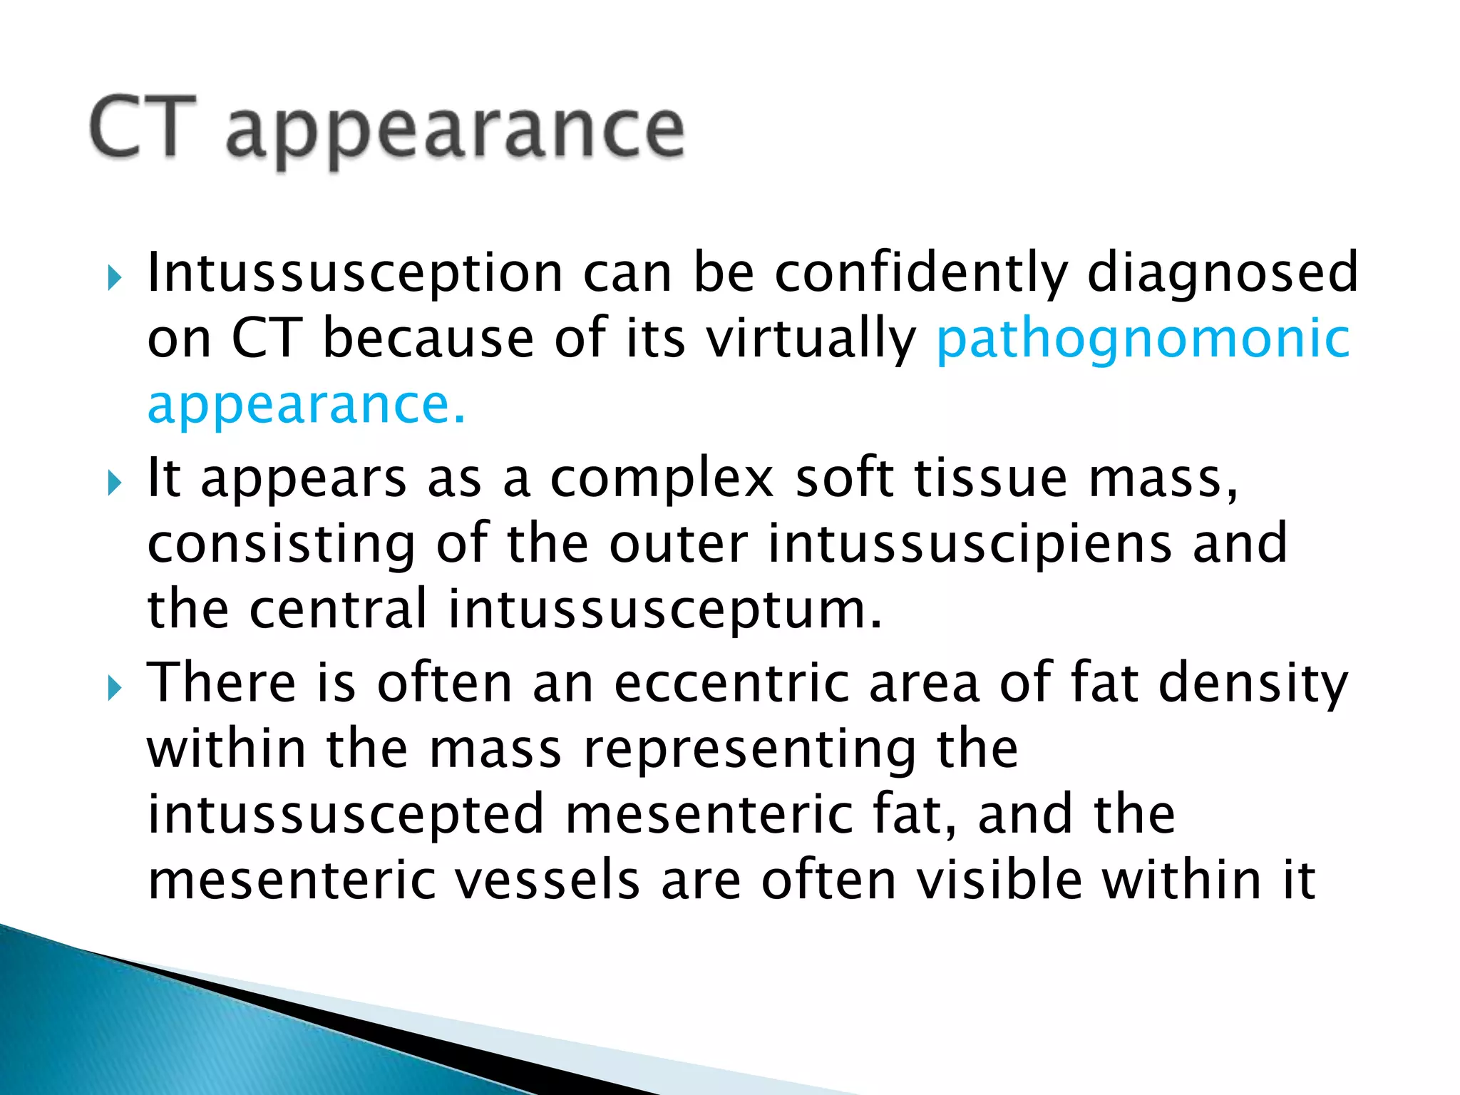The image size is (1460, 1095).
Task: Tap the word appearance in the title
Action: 455,132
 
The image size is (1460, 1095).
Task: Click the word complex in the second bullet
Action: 662,479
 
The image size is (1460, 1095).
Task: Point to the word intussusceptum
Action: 665,610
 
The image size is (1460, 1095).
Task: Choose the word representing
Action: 749,751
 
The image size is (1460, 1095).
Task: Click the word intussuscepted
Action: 346,815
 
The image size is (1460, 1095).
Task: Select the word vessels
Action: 546,881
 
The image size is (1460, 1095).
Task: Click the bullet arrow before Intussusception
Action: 115,278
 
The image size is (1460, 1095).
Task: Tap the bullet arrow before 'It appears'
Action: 115,484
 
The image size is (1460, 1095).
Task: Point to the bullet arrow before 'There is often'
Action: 115,688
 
